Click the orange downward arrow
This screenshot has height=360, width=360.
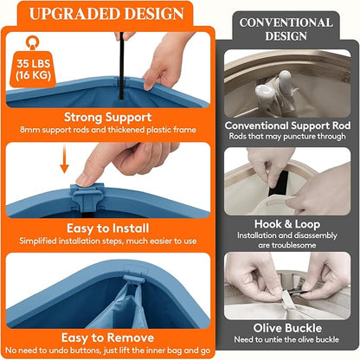[x=64, y=159]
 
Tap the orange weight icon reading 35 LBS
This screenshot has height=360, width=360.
[x=33, y=61]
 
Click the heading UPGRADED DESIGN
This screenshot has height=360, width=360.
[x=106, y=14]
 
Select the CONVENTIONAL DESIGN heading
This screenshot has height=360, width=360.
[x=286, y=29]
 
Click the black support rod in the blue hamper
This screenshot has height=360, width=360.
[x=122, y=66]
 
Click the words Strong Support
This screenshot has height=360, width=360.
[x=107, y=117]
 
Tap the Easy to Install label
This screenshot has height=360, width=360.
[x=108, y=228]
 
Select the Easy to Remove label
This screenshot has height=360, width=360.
[x=107, y=337]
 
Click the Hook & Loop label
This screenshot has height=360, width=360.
[x=287, y=224]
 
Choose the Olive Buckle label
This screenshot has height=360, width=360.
[x=287, y=328]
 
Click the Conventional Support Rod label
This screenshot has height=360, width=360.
[x=287, y=125]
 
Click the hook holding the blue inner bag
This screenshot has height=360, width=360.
[x=133, y=280]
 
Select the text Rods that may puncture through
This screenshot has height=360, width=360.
[x=287, y=136]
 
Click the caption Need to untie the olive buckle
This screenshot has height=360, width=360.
[x=286, y=339]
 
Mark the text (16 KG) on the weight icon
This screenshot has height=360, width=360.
[x=33, y=75]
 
